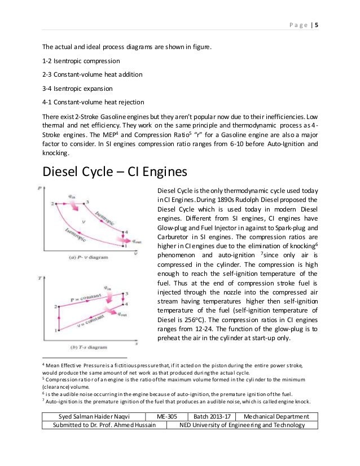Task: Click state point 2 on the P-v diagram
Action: pyautogui.click(x=53, y=203)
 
